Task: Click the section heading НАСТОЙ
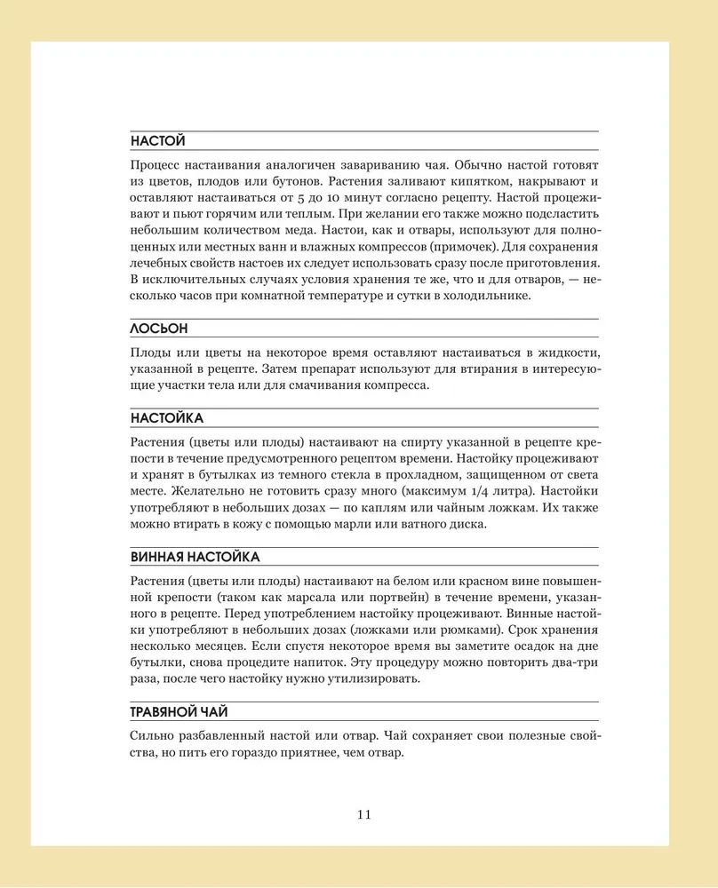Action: tap(157, 140)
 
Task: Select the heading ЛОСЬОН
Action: tap(159, 328)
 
